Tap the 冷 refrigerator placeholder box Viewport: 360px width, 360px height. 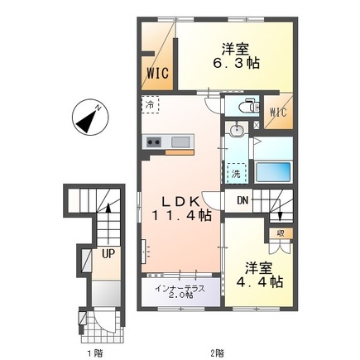(x=151, y=104)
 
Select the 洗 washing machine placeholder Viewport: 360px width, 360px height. (x=236, y=173)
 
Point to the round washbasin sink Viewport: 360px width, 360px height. (x=237, y=130)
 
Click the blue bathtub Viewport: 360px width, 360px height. (x=273, y=172)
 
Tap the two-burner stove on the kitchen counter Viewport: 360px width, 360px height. (x=154, y=142)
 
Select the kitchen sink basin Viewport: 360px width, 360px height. (x=180, y=142)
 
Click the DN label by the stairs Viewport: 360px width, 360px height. (x=242, y=200)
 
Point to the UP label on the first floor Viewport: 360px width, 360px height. (x=108, y=253)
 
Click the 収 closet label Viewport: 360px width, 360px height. (x=281, y=233)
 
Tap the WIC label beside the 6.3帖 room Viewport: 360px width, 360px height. (x=157, y=74)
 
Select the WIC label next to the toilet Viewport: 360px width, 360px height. (x=278, y=113)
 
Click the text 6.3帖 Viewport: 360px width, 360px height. (x=236, y=64)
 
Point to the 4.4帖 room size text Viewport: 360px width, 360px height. (x=259, y=282)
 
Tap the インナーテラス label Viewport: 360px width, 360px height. (x=180, y=289)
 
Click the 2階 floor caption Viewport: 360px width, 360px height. (x=217, y=353)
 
